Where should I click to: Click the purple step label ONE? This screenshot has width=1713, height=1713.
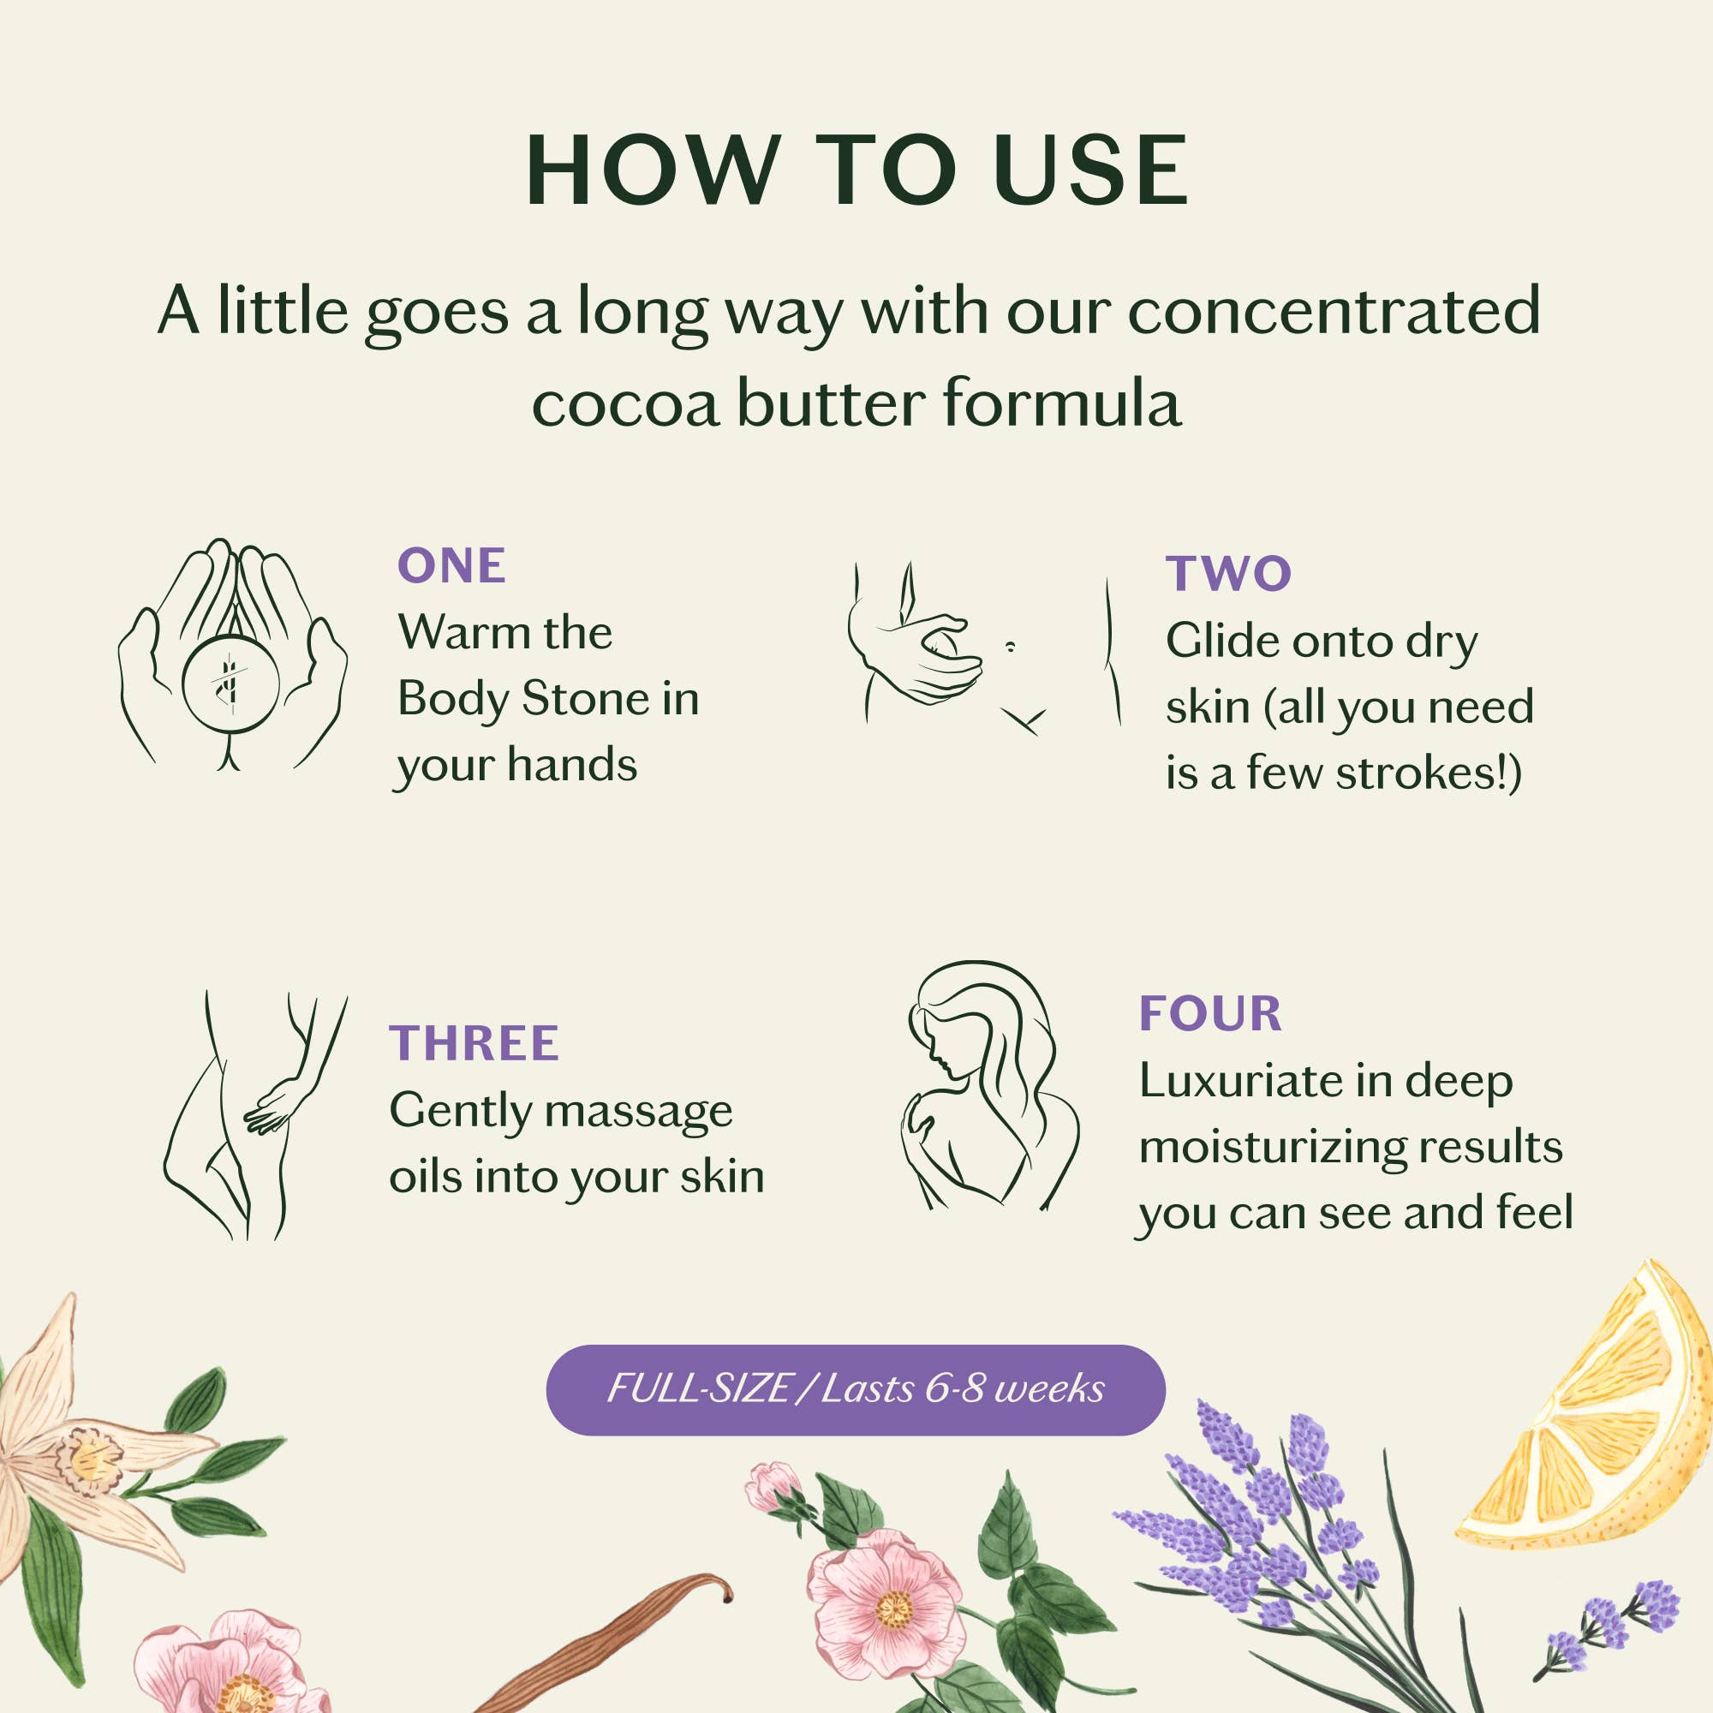click(x=451, y=565)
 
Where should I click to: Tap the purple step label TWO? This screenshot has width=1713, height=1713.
click(x=1228, y=573)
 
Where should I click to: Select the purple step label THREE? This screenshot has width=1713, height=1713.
click(x=474, y=1042)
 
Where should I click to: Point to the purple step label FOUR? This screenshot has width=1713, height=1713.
click(x=1210, y=1013)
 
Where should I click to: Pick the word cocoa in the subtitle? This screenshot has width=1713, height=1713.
click(x=625, y=404)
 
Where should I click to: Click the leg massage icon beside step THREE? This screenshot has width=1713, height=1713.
click(x=254, y=1115)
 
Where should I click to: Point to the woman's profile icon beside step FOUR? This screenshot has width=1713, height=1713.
click(x=990, y=1085)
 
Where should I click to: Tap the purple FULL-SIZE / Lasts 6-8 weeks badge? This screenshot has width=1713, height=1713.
click(x=856, y=1389)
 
